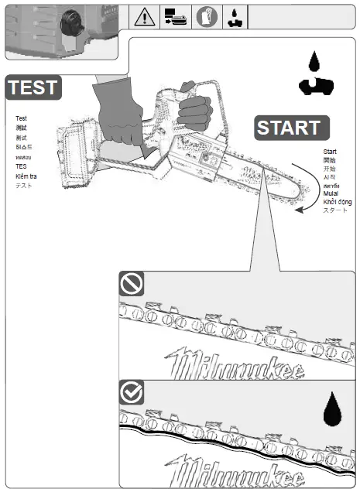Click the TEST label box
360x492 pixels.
coord(33,87)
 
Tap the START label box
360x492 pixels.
coord(288,128)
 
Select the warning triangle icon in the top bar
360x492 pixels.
coord(144,16)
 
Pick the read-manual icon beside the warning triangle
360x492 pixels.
coord(174,16)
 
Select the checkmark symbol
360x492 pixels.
coord(131,392)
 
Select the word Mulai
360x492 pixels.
coord(331,193)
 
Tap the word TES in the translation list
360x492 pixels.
coord(21,166)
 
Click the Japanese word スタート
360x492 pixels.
coord(335,210)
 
